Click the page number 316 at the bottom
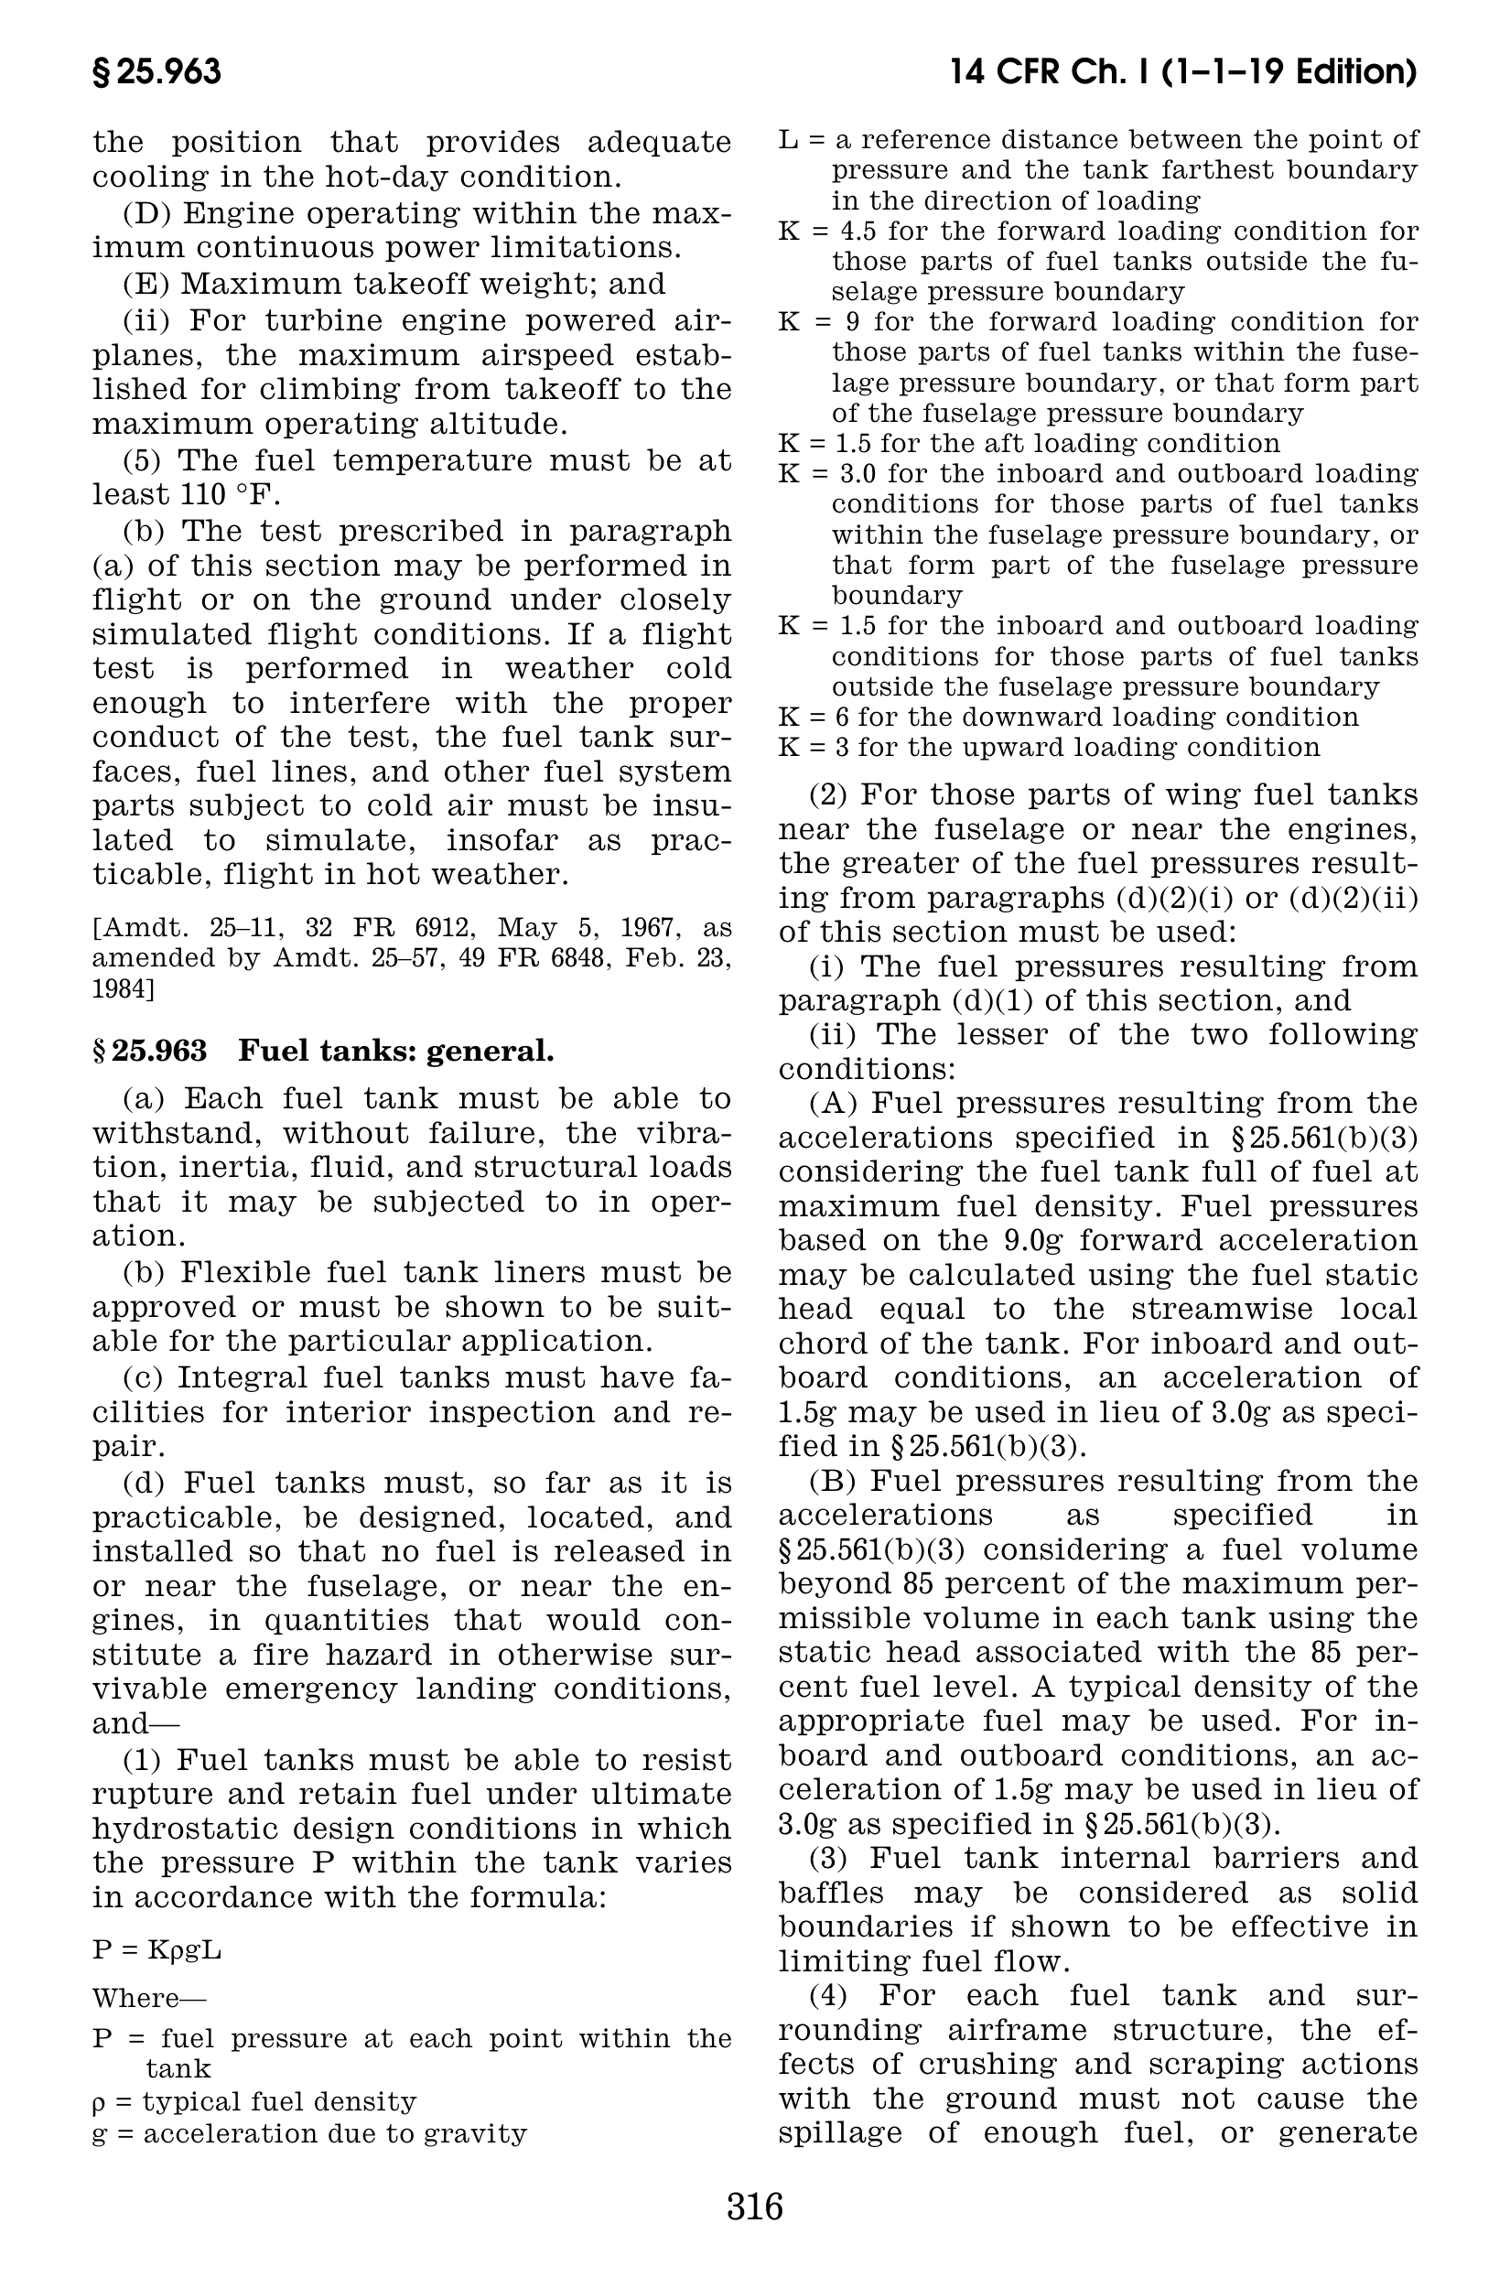755,2206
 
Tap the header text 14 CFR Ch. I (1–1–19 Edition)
1182,72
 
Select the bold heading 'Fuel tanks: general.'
395,1051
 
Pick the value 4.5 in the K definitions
860,232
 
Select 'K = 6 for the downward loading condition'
1068,718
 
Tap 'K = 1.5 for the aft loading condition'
1029,444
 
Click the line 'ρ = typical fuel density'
254,2101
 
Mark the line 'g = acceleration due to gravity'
309,2134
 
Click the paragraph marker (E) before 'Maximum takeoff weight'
146,284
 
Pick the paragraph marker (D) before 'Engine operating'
146,214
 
